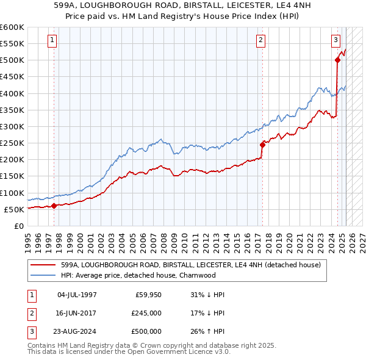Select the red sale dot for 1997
[x=54, y=206]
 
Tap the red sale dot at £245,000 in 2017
[x=263, y=145]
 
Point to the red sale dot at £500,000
[x=337, y=60]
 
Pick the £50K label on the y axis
[x=15, y=209]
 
